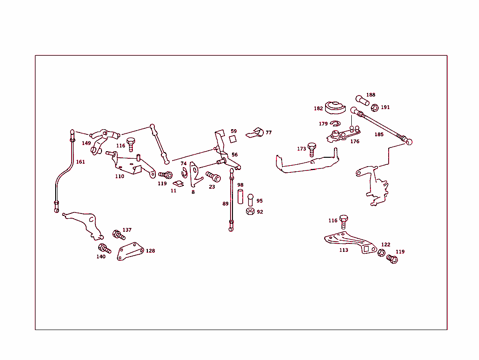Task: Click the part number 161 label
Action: click(x=80, y=162)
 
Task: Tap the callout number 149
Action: click(x=86, y=143)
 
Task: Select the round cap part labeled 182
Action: click(x=335, y=108)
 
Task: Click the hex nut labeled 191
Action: click(x=375, y=108)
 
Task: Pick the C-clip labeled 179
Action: click(x=334, y=124)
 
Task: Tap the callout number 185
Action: click(x=379, y=134)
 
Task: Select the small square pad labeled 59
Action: click(x=232, y=139)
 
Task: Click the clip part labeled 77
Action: click(x=255, y=132)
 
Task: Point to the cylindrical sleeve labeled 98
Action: click(x=240, y=197)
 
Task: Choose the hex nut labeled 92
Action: click(x=250, y=212)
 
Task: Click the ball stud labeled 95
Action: click(x=251, y=200)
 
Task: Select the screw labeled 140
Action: click(x=104, y=249)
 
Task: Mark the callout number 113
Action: click(x=344, y=250)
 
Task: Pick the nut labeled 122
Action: click(x=381, y=253)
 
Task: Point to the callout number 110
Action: click(x=120, y=176)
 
